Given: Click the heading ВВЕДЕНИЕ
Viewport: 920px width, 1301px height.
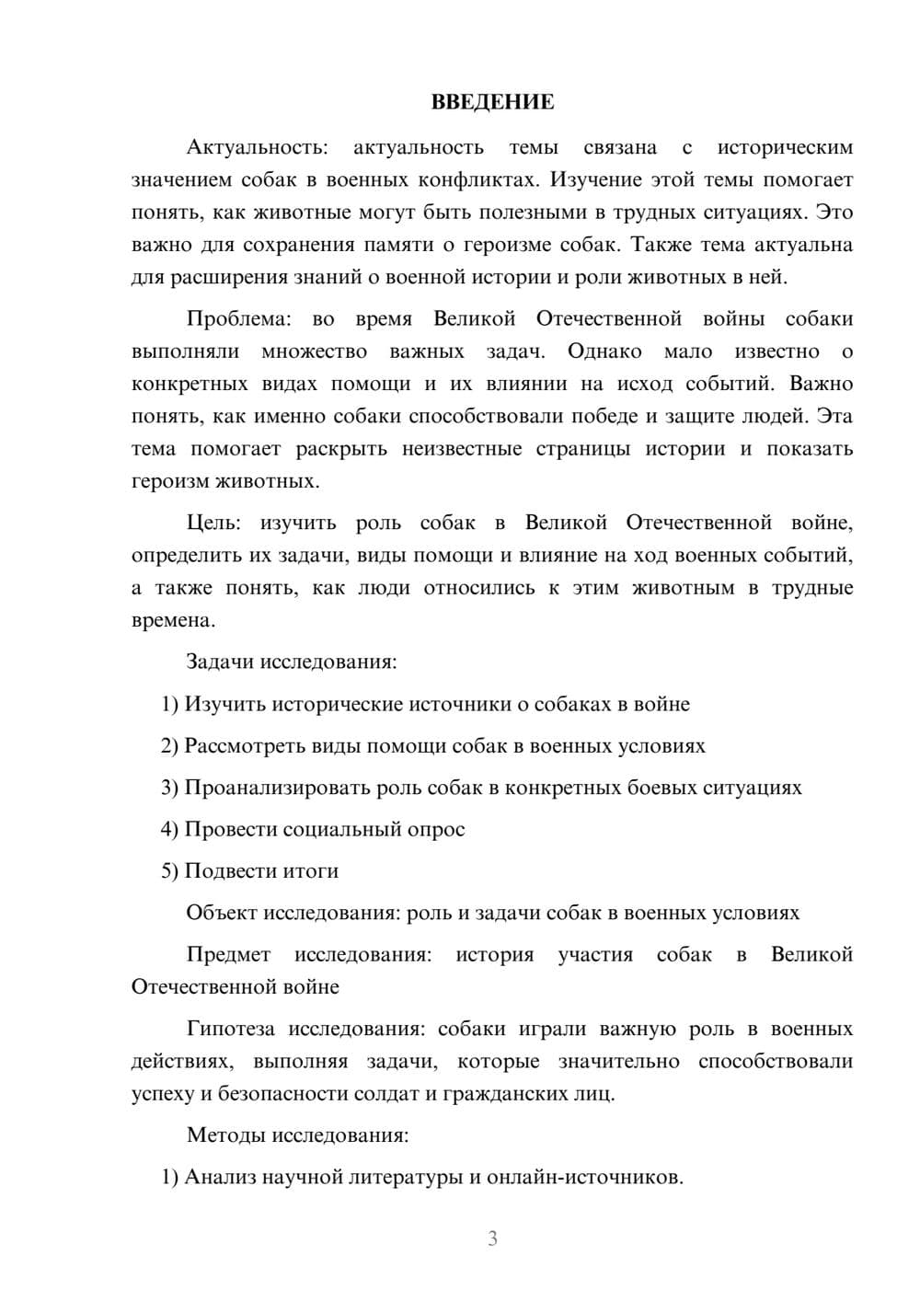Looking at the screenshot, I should click(x=492, y=102).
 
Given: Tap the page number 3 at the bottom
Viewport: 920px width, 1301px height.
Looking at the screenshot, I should click(x=492, y=1238).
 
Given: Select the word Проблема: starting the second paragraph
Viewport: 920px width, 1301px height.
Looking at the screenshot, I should click(x=239, y=319).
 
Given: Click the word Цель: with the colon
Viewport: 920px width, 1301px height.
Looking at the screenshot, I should click(x=213, y=524).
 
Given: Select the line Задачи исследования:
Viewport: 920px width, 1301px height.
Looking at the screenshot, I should click(x=292, y=662).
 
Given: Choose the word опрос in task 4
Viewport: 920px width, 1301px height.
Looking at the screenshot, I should click(x=436, y=830).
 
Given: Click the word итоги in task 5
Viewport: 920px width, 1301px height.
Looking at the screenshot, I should click(x=311, y=871).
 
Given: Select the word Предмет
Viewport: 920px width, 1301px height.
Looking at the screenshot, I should click(x=228, y=955).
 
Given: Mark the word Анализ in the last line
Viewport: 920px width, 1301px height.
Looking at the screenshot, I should click(x=220, y=1178).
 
